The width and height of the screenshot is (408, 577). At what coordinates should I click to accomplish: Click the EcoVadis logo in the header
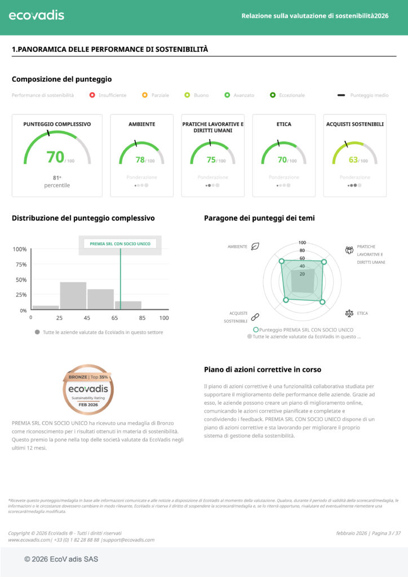(36, 15)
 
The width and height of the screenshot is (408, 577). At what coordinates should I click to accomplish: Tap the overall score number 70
(55, 157)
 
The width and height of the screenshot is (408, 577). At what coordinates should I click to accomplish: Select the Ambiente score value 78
(140, 159)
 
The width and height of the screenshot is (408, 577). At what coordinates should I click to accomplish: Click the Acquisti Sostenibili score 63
(353, 159)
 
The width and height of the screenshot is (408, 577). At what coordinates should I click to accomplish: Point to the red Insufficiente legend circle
(92, 95)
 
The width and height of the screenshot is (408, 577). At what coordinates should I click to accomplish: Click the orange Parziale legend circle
(145, 95)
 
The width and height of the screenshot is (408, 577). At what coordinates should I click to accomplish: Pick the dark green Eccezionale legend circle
(272, 95)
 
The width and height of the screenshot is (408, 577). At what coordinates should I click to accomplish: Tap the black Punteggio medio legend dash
(341, 95)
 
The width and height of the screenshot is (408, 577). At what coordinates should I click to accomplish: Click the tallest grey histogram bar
(73, 295)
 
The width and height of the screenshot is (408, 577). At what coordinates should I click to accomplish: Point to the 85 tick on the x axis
(142, 318)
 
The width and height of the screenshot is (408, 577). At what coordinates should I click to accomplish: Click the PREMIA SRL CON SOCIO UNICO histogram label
(120, 244)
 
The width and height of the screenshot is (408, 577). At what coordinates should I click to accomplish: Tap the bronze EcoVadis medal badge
(88, 389)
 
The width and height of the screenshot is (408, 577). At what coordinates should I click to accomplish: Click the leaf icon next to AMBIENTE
(255, 246)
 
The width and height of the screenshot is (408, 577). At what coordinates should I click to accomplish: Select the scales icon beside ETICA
(349, 313)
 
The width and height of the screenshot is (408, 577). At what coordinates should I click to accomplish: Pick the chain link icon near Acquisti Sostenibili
(255, 317)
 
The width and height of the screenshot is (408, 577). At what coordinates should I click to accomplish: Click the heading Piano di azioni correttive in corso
(263, 370)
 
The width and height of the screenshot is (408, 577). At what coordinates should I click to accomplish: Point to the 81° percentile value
(56, 177)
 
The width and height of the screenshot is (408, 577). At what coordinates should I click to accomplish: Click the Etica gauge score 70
(282, 159)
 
